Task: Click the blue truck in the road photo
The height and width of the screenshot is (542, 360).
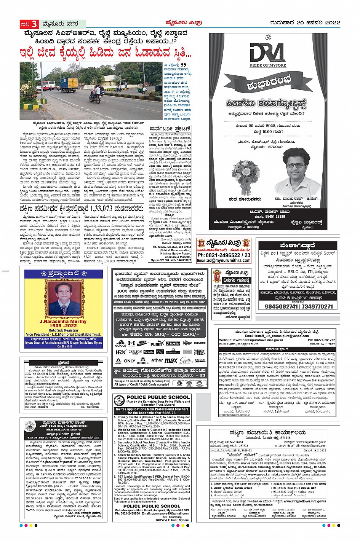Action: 68,85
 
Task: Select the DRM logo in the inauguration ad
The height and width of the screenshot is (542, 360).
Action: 267,53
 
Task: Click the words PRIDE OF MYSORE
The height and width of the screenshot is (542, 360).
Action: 267,66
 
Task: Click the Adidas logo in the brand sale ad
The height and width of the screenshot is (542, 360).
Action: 121,343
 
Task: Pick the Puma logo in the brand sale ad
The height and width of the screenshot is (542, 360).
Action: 156,343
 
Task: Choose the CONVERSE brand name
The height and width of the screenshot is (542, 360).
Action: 200,343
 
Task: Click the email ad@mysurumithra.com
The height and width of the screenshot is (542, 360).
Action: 224,261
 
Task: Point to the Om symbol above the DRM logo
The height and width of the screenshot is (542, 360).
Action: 266,37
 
